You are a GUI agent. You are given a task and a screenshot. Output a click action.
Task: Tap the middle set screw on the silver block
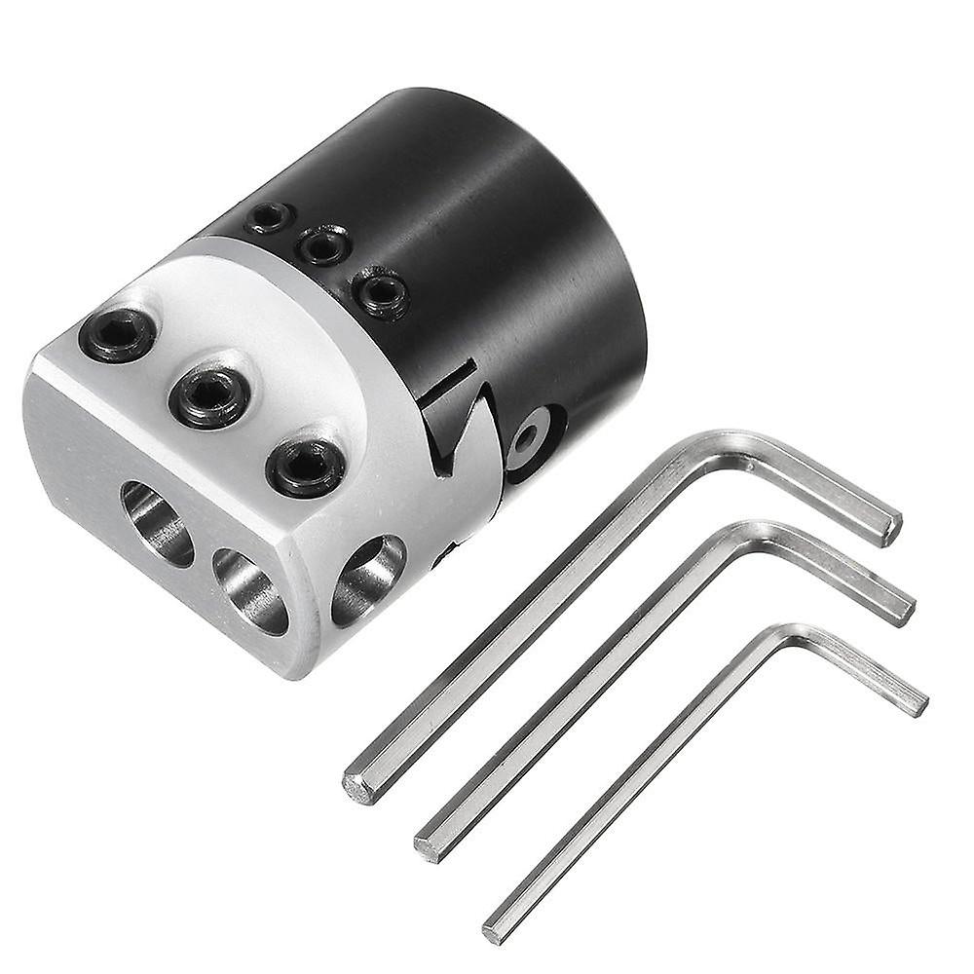point(208,395)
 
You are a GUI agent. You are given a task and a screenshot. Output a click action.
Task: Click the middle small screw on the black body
point(323,245)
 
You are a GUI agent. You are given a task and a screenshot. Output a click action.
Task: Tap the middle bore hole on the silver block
point(249,589)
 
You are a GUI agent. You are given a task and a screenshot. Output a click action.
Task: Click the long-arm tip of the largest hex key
point(359,786)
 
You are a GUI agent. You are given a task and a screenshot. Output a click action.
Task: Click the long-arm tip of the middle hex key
point(429,845)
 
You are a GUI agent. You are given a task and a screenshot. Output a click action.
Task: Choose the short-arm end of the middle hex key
point(905,608)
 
